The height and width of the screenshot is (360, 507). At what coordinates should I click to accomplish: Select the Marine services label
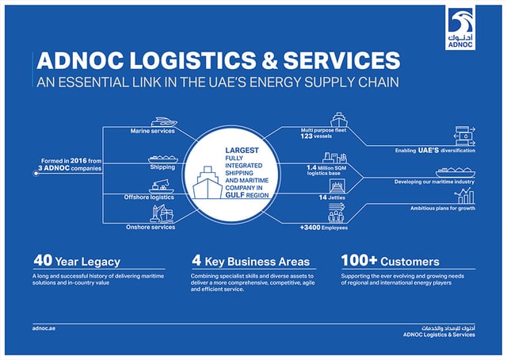coord(153,131)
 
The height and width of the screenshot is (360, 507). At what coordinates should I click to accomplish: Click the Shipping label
coord(162,167)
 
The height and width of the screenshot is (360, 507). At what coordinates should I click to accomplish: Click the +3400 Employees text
coord(324,228)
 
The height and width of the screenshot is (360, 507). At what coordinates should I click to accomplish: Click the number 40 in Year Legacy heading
coord(43,260)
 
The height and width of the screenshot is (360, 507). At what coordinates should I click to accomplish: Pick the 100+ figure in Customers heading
coord(359,260)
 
